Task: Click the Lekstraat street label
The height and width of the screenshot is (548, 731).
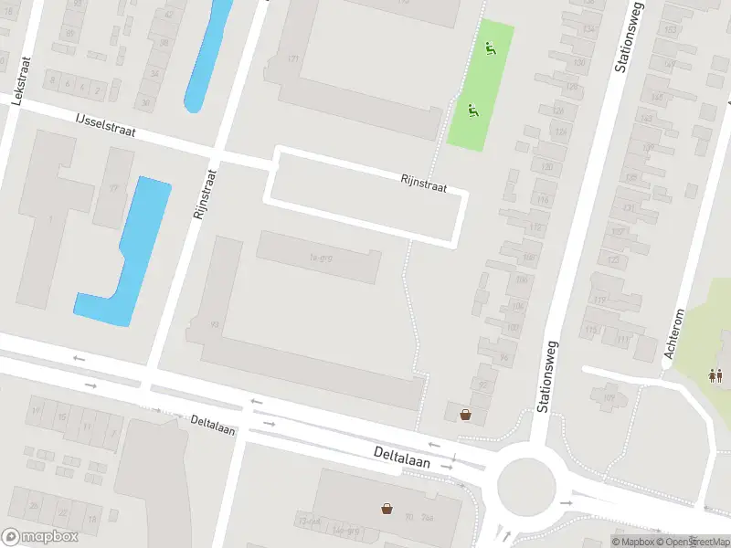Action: pos(16,84)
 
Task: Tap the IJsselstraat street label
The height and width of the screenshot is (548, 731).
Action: pos(106,125)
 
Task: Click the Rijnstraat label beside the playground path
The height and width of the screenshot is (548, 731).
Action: pos(423,184)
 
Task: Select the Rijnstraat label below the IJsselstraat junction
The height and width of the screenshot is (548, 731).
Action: pos(203,194)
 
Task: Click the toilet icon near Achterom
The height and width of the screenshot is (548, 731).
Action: pos(716,374)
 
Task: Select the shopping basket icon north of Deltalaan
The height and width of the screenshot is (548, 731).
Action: pos(466,414)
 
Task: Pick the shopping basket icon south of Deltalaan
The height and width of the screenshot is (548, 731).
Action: pos(388,508)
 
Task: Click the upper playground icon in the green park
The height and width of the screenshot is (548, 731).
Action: pos(490,49)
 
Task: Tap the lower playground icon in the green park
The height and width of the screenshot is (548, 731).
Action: pos(472,111)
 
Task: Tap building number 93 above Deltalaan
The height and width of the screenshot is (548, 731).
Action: pos(215,324)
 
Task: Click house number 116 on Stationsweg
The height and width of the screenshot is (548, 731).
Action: pos(543,199)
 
